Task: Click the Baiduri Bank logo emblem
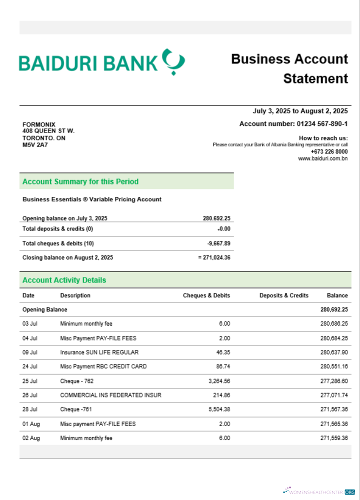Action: coord(173,61)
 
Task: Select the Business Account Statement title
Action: coord(289,68)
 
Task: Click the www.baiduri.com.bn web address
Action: coord(322,158)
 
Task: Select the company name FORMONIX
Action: coord(39,124)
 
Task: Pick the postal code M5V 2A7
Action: coord(33,145)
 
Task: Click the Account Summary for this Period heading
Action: coord(80,181)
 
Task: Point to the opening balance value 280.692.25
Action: coord(216,218)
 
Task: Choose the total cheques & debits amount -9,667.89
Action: coord(218,243)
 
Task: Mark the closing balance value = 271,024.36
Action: coord(214,257)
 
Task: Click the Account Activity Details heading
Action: coord(64,280)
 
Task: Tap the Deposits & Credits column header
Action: coord(283,295)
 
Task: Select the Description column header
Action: coord(75,295)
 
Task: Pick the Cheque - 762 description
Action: coord(77,381)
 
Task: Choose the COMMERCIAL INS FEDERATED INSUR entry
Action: coord(110,395)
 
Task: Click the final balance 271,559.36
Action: coord(333,438)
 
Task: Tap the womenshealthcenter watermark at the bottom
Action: coord(320,492)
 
